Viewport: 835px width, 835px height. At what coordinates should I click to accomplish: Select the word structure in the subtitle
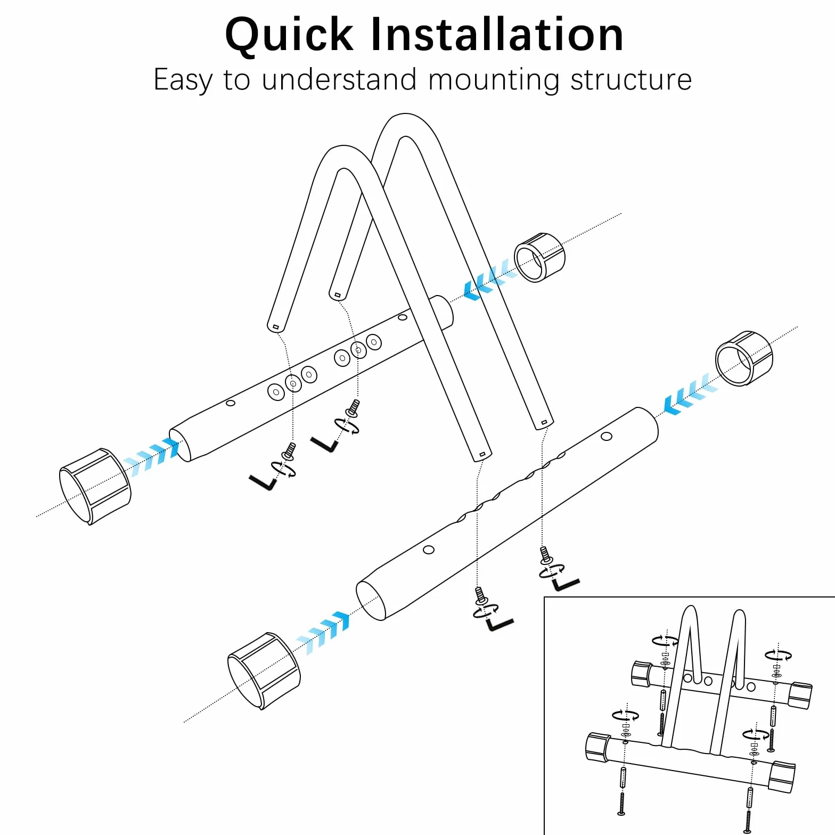click(631, 80)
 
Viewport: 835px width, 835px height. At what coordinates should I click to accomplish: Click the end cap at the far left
click(95, 486)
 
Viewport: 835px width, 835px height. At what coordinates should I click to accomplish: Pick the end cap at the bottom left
click(264, 671)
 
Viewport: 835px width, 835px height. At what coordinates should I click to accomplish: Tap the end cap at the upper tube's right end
click(539, 257)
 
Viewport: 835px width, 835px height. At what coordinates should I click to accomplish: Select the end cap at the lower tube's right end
click(743, 358)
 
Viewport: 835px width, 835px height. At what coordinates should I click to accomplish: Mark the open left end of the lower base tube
click(371, 600)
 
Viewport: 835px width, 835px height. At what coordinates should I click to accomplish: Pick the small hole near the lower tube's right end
click(606, 437)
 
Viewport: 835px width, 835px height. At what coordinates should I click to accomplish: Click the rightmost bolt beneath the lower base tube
click(545, 554)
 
